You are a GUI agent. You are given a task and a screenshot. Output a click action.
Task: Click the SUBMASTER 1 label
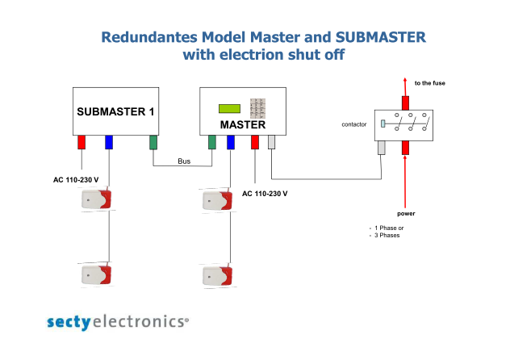click(115, 111)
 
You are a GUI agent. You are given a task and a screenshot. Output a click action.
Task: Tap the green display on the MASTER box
click(230, 109)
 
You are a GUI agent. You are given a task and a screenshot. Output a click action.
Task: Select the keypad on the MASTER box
click(257, 108)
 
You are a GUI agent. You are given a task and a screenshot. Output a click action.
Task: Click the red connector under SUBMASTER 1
click(82, 142)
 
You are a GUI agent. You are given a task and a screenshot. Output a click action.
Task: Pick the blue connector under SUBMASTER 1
click(109, 142)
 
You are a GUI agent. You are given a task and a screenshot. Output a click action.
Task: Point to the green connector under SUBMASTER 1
click(153, 142)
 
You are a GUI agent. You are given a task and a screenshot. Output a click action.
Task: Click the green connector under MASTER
click(212, 142)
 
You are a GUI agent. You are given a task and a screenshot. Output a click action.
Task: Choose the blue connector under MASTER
click(231, 142)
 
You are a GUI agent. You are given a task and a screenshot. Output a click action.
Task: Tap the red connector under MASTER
click(255, 142)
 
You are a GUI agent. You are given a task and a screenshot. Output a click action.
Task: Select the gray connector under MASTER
click(272, 142)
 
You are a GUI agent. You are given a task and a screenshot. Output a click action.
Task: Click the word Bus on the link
click(184, 161)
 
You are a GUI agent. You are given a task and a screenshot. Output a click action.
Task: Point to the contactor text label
click(354, 124)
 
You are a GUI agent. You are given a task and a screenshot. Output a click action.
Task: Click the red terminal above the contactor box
click(405, 103)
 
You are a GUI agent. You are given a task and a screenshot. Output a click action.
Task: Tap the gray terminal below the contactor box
click(382, 148)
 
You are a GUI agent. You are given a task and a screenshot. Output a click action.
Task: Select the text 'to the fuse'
click(429, 83)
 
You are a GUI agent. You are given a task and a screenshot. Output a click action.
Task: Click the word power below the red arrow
click(406, 213)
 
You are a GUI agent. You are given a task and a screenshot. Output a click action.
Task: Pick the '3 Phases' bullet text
click(387, 235)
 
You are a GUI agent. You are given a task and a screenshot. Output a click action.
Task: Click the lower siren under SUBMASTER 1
click(96, 274)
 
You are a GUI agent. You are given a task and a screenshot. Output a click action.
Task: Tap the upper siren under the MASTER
click(217, 200)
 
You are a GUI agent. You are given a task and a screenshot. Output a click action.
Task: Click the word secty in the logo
click(69, 322)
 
